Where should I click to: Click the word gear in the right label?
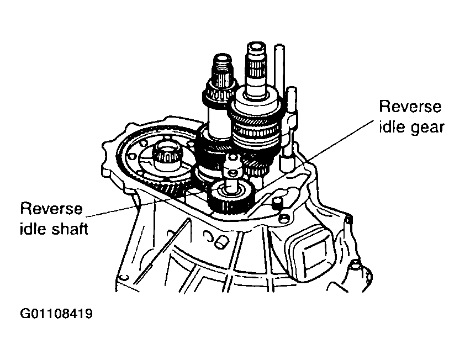coord(427,128)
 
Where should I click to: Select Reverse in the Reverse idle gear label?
coord(410,107)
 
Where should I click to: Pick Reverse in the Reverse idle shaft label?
coord(51,209)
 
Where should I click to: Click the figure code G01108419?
coord(56,314)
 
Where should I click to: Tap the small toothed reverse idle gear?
coord(230,197)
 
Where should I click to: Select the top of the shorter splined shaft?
coord(222,58)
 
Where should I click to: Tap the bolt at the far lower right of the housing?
coord(354,265)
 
